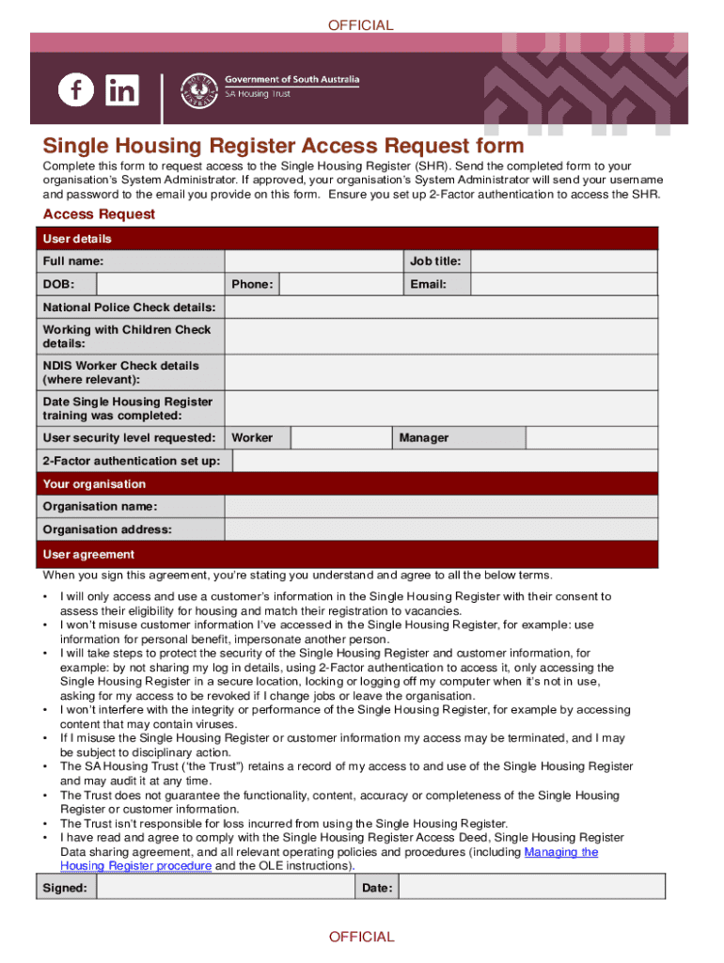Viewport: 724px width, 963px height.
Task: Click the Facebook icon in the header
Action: (x=76, y=90)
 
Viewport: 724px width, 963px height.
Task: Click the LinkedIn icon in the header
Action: (x=122, y=90)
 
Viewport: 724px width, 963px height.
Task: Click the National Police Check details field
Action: (x=441, y=308)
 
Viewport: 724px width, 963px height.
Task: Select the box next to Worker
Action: (x=340, y=438)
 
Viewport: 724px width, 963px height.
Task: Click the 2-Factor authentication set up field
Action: (x=445, y=461)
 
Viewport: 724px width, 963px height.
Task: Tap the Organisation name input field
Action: (x=441, y=507)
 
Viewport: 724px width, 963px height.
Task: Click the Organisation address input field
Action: (x=441, y=530)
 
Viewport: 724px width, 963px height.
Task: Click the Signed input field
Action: (x=226, y=888)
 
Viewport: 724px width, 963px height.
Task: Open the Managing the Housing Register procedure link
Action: (x=560, y=852)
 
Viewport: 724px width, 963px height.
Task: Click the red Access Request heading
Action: (x=99, y=214)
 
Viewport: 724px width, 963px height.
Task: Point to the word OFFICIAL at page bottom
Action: (x=361, y=937)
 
